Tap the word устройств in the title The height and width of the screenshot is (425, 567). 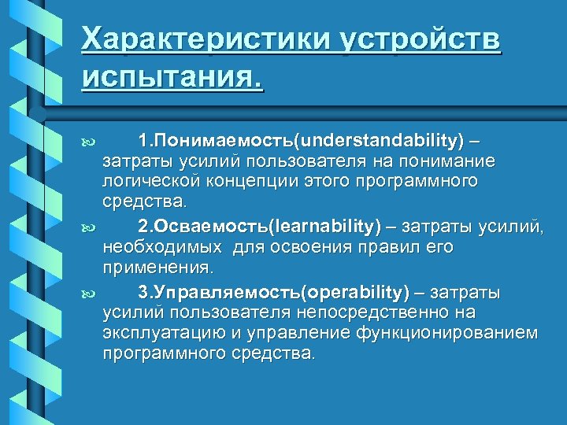422,39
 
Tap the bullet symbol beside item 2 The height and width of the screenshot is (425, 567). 87,227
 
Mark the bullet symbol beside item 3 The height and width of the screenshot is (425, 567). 87,294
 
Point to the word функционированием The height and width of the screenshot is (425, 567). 447,333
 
